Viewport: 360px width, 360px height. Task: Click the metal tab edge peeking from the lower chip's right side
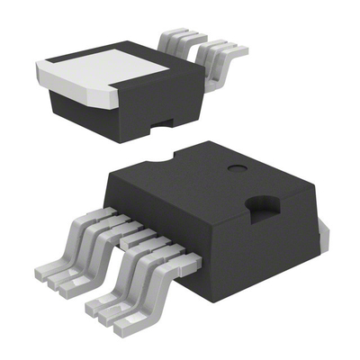pyautogui.click(x=324, y=239)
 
